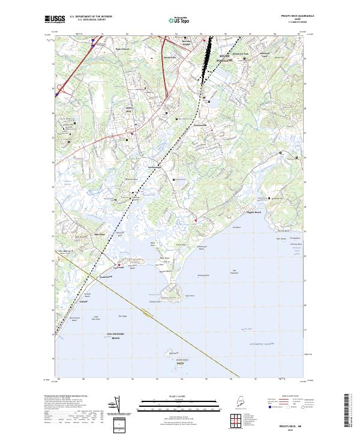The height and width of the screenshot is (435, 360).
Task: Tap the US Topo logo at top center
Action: coord(179,19)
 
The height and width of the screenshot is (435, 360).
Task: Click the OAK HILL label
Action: coord(128,110)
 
